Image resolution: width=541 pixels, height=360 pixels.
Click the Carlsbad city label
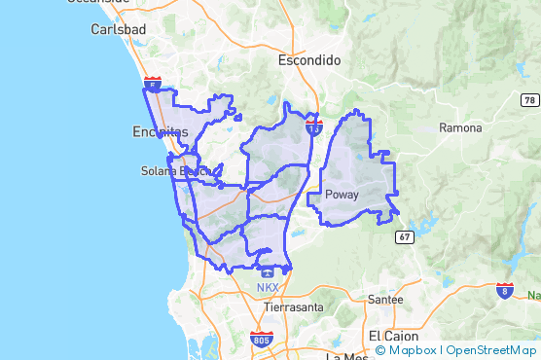[x=118, y=29]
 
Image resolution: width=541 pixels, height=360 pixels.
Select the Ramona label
[x=460, y=127]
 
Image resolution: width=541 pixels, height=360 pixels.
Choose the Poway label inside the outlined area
[x=342, y=195]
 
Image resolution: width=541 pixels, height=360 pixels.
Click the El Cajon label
[x=392, y=335]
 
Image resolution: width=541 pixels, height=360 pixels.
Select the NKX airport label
[x=267, y=288]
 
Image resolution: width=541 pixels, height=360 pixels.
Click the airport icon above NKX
[x=267, y=273]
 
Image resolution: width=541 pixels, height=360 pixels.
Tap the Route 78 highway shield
[x=528, y=100]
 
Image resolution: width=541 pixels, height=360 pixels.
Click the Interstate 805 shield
[x=261, y=340]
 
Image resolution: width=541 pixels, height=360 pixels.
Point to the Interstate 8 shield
[x=504, y=290]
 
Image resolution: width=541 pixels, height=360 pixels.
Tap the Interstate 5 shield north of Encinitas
[x=152, y=86]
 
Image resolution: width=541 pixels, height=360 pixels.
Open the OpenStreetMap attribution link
[x=490, y=350]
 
